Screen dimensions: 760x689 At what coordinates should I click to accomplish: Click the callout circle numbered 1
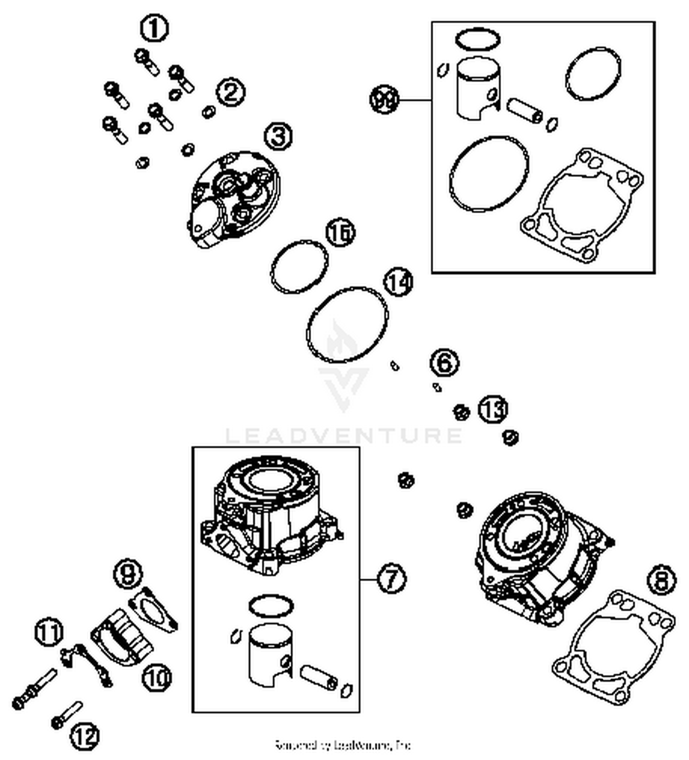click(154, 28)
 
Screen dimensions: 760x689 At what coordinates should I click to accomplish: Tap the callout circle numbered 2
click(231, 93)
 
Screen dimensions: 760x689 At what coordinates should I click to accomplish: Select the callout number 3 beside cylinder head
click(278, 136)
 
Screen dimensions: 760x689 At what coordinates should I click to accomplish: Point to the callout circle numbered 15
click(340, 233)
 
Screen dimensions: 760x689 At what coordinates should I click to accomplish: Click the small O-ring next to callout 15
click(299, 266)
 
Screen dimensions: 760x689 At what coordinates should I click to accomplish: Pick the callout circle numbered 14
click(398, 282)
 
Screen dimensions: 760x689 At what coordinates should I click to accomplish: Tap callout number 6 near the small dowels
click(445, 363)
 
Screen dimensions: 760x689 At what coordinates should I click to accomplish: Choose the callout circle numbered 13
click(493, 408)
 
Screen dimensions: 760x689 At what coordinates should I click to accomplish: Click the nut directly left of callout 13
click(461, 412)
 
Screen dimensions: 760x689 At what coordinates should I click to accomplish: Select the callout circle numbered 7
click(391, 579)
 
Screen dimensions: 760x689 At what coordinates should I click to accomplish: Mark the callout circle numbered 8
click(661, 580)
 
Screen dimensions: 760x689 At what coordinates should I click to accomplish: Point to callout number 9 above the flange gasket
click(128, 573)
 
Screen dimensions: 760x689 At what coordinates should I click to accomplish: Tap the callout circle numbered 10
click(157, 678)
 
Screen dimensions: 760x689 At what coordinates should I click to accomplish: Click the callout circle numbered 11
click(49, 632)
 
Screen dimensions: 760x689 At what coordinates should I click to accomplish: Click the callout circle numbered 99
click(384, 100)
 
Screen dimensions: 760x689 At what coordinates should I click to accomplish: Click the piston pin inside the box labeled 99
click(525, 111)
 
